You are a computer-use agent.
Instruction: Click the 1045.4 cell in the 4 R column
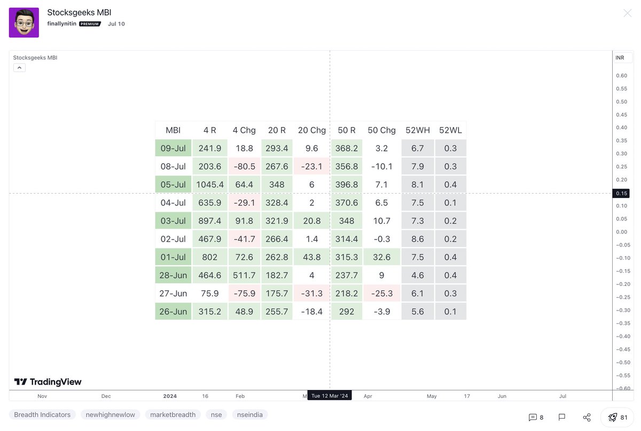coord(210,185)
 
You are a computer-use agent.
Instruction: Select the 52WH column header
coord(418,130)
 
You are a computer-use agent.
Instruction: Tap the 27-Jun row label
coord(173,293)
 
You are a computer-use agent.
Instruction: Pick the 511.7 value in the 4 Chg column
coord(244,275)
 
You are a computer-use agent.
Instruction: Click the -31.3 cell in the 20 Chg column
coord(311,293)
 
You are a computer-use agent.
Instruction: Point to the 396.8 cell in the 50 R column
coord(347,185)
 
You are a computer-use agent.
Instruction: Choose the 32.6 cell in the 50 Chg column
coord(381,257)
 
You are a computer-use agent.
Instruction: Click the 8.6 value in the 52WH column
coord(418,239)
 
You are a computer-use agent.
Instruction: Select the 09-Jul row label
coord(173,148)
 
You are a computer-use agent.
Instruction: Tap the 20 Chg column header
coord(311,130)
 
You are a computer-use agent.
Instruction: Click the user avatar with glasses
coord(24,22)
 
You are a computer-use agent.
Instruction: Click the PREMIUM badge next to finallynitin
coord(90,24)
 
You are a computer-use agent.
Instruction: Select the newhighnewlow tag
coord(111,414)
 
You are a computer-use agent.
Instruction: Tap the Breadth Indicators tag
coord(42,414)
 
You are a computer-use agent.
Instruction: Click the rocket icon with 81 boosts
coord(617,417)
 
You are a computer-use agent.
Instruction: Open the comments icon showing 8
coord(536,417)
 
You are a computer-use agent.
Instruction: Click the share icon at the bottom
coord(587,417)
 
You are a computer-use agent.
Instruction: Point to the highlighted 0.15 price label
coord(621,193)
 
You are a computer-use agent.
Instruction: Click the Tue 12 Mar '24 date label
coord(330,396)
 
